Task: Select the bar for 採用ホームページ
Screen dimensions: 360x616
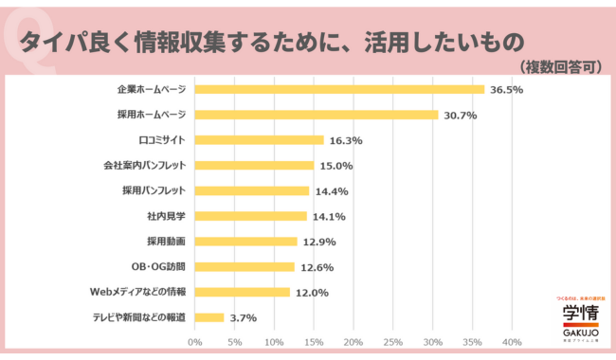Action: point(317,115)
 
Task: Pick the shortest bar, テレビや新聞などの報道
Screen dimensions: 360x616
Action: point(209,317)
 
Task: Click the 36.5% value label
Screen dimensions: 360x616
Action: point(507,90)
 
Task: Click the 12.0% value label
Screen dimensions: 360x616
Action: point(312,293)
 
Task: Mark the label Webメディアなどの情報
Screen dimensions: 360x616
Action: point(137,292)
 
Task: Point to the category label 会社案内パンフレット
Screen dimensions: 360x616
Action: point(143,165)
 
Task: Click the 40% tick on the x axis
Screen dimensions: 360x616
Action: point(512,342)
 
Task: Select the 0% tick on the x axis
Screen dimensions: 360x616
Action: point(195,342)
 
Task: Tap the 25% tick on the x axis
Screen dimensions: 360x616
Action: point(393,342)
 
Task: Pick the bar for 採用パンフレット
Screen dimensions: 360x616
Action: point(251,190)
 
